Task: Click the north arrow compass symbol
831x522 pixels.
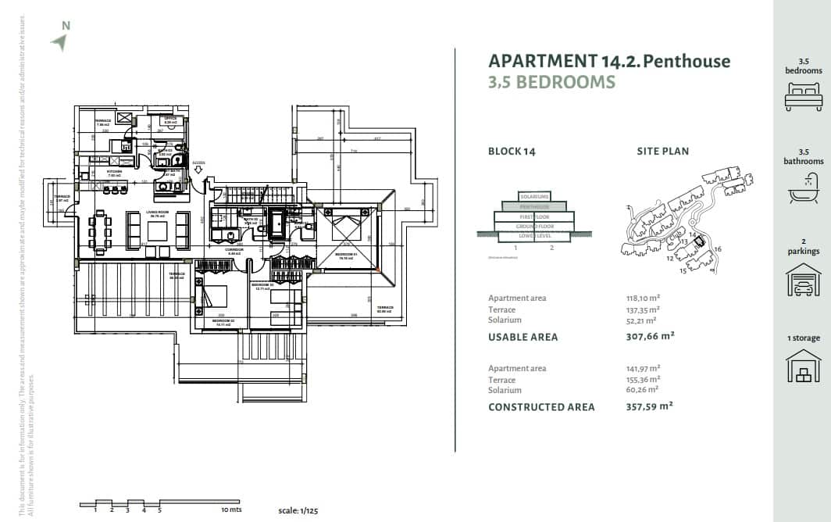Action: click(59, 41)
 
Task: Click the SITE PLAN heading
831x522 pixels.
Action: click(663, 151)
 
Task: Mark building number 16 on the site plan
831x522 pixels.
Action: click(719, 248)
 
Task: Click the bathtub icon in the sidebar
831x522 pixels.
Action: click(804, 188)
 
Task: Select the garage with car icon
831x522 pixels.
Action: click(804, 279)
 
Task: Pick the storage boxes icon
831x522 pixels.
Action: click(804, 366)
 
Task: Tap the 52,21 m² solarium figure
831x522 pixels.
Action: click(638, 320)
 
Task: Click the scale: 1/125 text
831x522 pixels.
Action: click(299, 510)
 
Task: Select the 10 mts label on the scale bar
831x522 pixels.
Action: click(231, 509)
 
